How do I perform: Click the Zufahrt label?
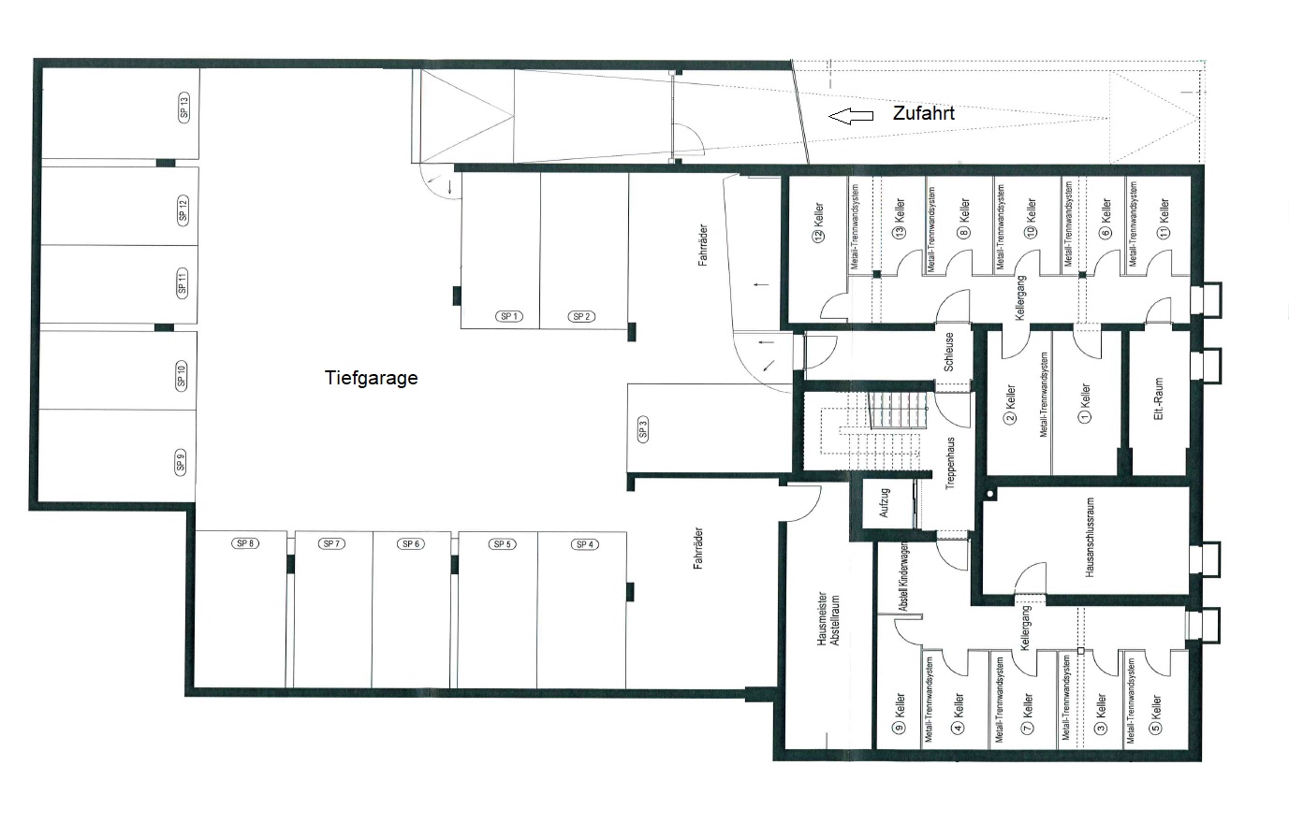tap(924, 113)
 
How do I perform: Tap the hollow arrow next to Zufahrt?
tap(851, 116)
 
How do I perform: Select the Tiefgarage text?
tap(372, 378)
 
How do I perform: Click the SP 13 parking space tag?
tap(184, 108)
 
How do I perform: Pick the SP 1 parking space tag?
tap(509, 316)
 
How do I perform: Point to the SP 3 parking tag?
tap(643, 428)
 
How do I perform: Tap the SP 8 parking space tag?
tap(245, 543)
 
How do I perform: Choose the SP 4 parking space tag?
tap(585, 544)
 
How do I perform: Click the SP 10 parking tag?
tap(182, 376)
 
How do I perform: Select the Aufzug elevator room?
tap(884, 503)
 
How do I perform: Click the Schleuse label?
tap(949, 352)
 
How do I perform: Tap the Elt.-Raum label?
tap(1158, 398)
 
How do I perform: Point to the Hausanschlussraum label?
tap(1089, 537)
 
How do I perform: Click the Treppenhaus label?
tap(950, 463)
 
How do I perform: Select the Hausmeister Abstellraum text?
tap(828, 619)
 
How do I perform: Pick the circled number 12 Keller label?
tap(819, 222)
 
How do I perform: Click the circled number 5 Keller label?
tap(1156, 715)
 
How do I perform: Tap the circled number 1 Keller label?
tap(1085, 403)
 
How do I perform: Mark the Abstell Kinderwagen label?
tap(904, 576)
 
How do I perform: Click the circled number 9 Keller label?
tap(900, 714)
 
